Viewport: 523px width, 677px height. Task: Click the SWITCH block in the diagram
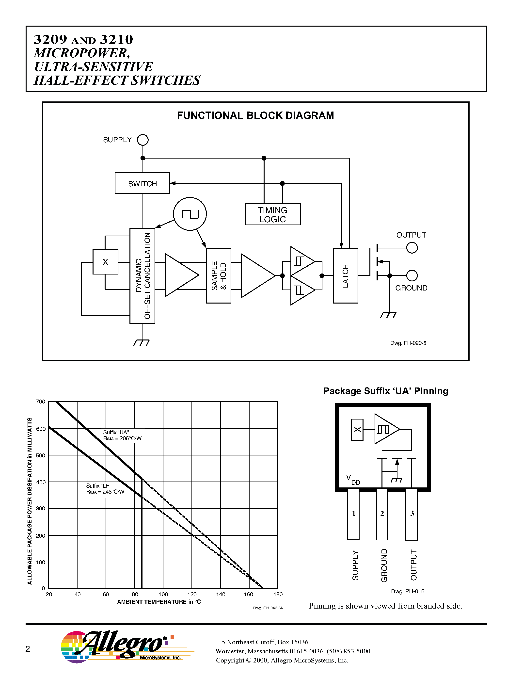coord(142,183)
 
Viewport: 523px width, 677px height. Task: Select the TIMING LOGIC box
coord(273,214)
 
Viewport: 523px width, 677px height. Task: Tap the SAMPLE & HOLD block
coord(219,275)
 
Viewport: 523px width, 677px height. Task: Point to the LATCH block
coord(346,275)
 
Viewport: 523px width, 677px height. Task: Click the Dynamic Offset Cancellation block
coord(142,275)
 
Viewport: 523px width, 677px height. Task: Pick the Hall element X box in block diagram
coord(105,262)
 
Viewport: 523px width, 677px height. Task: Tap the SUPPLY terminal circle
coord(143,140)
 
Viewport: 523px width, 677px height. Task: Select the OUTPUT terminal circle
coord(412,248)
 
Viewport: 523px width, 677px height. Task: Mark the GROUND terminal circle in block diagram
coord(412,275)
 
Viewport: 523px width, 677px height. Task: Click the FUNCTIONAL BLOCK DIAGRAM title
coord(255,115)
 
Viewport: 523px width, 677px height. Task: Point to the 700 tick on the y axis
coord(41,402)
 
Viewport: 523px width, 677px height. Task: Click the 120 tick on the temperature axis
coord(192,594)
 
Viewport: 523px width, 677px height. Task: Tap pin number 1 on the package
coord(353,514)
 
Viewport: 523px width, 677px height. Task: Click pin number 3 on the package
coord(412,514)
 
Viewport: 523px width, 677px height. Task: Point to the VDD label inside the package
coord(353,479)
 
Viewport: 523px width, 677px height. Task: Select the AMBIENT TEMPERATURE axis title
coord(159,602)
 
